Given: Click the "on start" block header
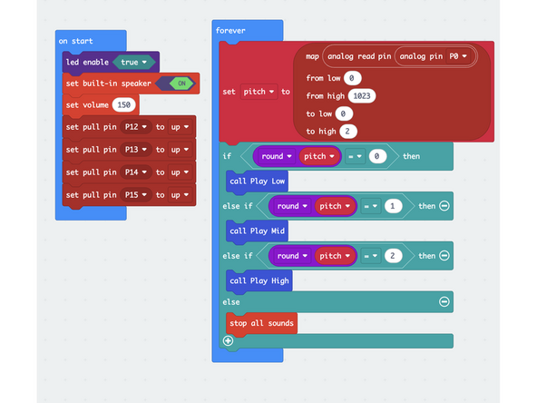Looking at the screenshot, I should tap(76, 41).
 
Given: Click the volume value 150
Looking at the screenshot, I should tap(125, 105).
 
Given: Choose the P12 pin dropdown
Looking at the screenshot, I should tap(135, 127).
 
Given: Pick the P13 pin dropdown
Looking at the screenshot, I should tap(135, 149).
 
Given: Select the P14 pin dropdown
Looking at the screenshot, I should tap(135, 172).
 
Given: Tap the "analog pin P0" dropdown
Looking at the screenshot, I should tap(437, 56).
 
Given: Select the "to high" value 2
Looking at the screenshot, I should tap(348, 132).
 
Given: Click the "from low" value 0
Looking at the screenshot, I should tap(353, 78).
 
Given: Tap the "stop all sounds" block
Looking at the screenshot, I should tap(261, 322).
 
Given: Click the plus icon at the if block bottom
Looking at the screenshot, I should tap(228, 341).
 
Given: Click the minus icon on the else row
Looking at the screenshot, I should tap(444, 300).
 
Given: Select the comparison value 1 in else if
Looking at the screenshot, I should tap(393, 206).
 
